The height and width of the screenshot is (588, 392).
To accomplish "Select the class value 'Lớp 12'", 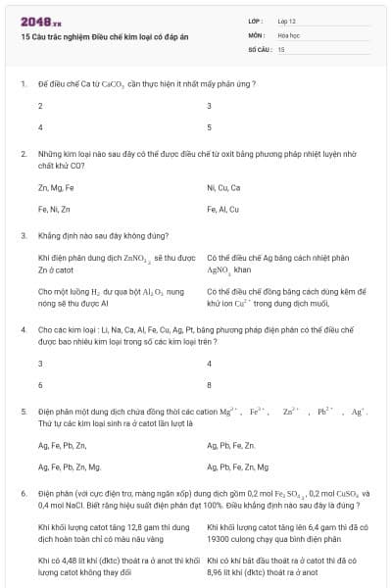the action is [x=287, y=21].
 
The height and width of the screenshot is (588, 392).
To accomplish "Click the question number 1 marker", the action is [x=23, y=84].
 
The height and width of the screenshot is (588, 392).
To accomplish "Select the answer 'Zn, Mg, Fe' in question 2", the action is [x=56, y=187].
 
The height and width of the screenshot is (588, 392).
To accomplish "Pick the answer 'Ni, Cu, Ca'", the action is [x=223, y=187].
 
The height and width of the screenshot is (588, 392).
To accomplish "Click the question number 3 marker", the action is [x=23, y=236].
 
